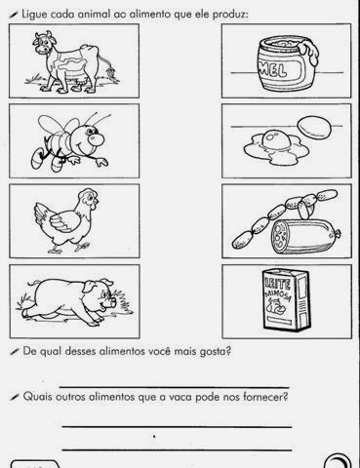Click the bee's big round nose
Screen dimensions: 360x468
[x=97, y=139]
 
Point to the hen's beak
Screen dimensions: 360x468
[x=95, y=206]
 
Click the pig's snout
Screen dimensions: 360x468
[x=113, y=302]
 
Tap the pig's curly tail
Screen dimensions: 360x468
[x=33, y=282]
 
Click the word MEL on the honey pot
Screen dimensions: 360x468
[x=273, y=70]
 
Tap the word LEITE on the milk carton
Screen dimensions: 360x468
[x=278, y=283]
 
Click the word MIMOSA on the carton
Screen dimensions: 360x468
[x=278, y=295]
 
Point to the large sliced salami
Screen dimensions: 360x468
[x=305, y=236]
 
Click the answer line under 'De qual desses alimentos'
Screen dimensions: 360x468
[x=175, y=387]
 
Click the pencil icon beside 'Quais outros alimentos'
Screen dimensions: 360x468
[x=15, y=397]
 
